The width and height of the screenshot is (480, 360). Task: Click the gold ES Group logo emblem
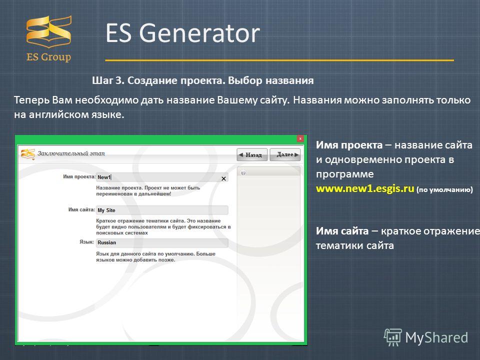49,31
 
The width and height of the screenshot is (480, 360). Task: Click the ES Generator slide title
183,33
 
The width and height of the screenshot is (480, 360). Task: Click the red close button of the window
300,138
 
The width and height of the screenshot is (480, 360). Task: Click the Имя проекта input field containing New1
162,177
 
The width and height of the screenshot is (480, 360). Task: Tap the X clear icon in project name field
224,178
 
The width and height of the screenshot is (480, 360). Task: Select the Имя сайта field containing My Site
162,210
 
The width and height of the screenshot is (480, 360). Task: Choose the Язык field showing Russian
162,243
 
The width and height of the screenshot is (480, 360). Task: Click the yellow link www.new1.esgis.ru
365,188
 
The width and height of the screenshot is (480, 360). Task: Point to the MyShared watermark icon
393,337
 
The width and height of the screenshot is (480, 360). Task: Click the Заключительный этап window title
71,153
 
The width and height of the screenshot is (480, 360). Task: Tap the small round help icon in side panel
243,173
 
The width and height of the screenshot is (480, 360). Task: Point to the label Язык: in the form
86,242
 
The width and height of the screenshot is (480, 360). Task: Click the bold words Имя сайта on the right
342,231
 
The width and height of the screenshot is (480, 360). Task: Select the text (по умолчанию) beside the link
444,190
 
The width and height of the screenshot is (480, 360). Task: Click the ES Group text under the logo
48,57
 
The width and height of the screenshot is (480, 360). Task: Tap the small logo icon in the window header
28,154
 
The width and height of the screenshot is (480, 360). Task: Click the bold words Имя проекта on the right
349,145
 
